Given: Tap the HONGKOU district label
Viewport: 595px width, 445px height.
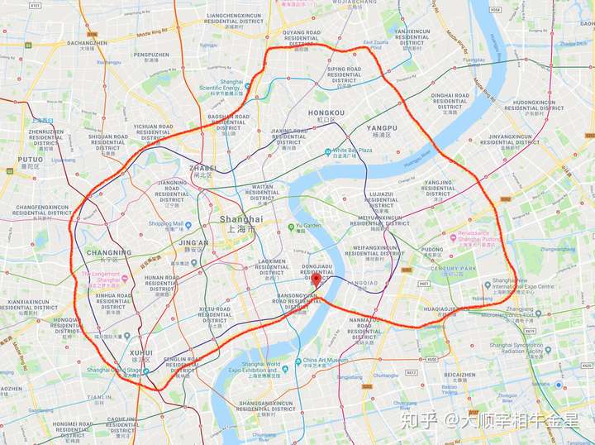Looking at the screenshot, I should pyautogui.click(x=326, y=112).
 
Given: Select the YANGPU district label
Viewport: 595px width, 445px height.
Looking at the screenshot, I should pyautogui.click(x=382, y=128).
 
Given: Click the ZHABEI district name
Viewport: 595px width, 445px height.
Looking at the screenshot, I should pyautogui.click(x=202, y=168).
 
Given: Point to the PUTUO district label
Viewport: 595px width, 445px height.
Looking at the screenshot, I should pyautogui.click(x=30, y=159).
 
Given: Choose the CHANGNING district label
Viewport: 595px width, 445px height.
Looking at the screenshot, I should pyautogui.click(x=108, y=252).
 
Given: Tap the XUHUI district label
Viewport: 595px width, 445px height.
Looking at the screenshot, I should pyautogui.click(x=141, y=352).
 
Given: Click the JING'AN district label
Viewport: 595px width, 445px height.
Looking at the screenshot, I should pyautogui.click(x=194, y=243).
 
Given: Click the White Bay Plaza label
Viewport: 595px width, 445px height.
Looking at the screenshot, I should pyautogui.click(x=353, y=151).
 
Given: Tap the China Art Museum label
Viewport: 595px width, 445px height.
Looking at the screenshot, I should pyautogui.click(x=322, y=360).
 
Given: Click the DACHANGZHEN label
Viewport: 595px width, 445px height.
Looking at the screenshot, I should pyautogui.click(x=87, y=42).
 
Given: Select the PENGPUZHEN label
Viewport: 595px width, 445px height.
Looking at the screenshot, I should pyautogui.click(x=151, y=54).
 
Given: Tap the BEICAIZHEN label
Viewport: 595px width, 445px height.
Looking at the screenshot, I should pyautogui.click(x=459, y=374).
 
